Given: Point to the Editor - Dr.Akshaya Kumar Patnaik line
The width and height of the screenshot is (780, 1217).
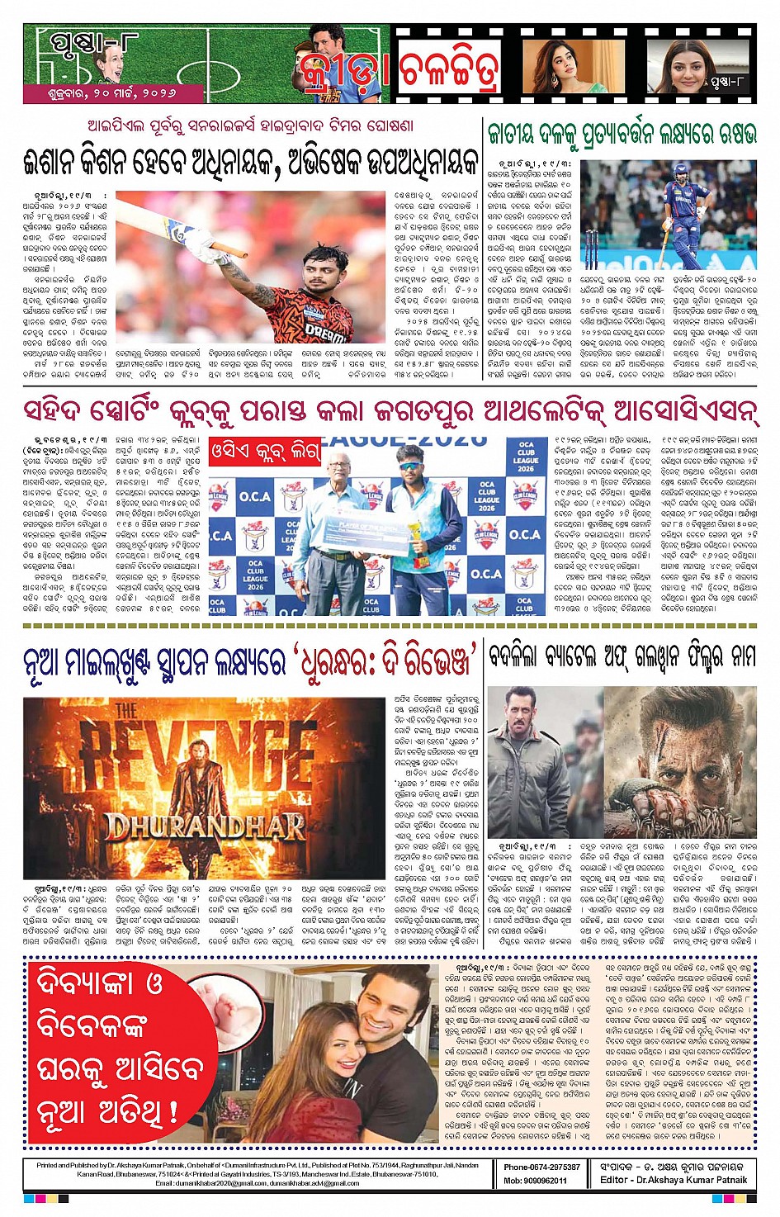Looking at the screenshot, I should pyautogui.click(x=674, y=1180).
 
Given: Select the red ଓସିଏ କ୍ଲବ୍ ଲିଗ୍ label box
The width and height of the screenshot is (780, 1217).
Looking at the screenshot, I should pyautogui.click(x=264, y=451).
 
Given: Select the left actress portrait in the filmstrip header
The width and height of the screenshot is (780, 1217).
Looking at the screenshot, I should pyautogui.click(x=562, y=65).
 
